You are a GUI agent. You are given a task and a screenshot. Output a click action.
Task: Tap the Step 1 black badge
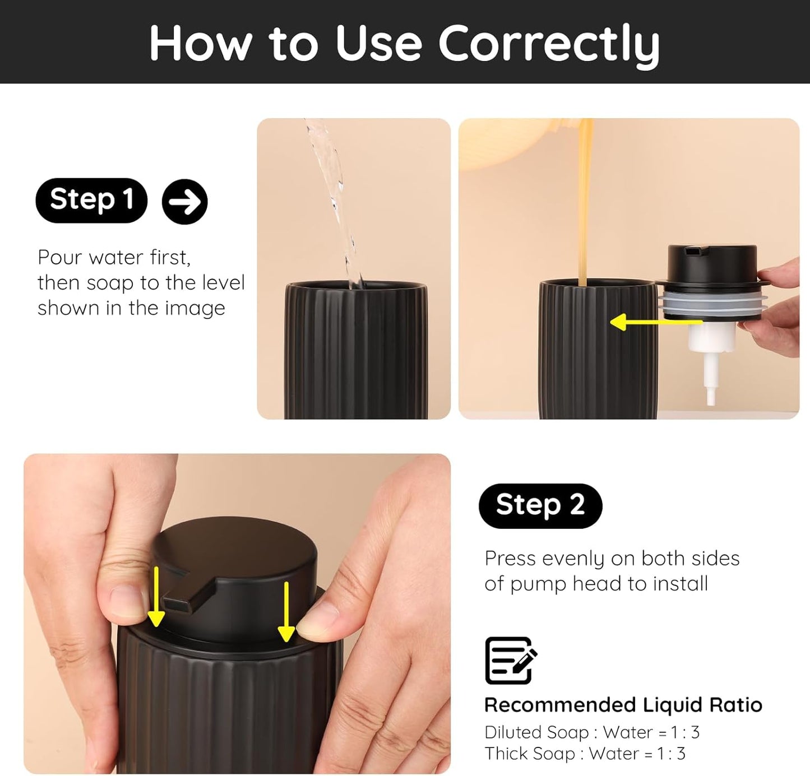91,200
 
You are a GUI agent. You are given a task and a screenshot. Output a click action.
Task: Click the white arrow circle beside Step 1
184,202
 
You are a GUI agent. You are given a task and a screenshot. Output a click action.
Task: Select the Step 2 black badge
540,505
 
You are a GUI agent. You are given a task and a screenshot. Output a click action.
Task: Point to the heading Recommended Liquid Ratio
623,705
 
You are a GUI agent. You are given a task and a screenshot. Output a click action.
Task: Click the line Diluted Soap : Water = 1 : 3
591,732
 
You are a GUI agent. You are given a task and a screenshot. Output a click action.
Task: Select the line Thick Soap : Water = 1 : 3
585,754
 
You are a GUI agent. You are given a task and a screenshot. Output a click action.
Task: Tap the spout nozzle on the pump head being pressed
178,605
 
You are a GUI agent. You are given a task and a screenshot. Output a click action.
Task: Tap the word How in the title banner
200,44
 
